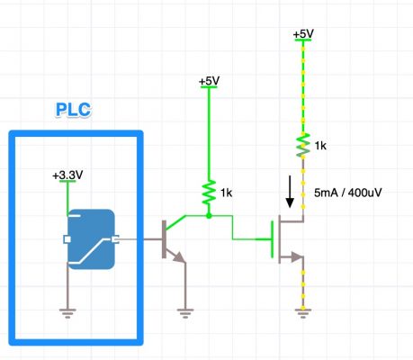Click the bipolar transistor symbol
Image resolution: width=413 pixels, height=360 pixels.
pos(169,238)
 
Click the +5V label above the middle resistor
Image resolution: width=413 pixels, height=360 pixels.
pos(209,81)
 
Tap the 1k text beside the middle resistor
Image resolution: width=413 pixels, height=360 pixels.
pos(227,193)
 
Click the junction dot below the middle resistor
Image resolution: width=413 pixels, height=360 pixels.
pos(209,216)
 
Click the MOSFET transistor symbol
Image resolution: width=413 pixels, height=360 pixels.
pos(286,238)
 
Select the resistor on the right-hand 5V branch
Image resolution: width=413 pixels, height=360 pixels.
pos(304,144)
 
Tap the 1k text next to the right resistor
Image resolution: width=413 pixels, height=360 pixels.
pos(320,144)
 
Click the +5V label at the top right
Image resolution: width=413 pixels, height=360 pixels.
pos(303,34)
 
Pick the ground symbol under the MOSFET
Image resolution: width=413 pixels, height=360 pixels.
pos(304,311)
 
